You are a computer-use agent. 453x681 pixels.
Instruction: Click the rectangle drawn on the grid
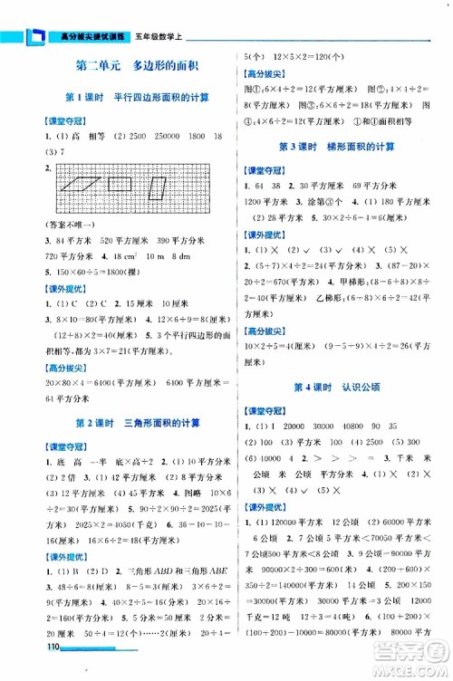coord(120,185)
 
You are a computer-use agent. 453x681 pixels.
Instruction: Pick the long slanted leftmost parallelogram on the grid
coord(82,186)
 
